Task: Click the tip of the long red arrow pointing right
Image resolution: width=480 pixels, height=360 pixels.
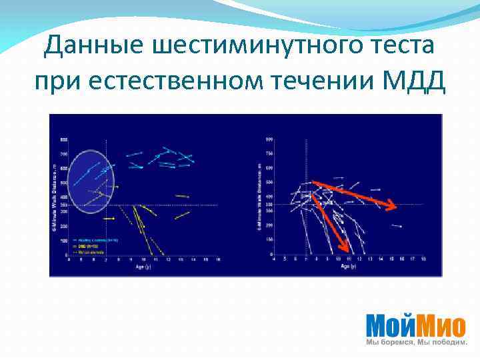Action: (396, 207)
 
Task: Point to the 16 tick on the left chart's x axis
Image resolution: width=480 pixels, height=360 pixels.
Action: (218, 260)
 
